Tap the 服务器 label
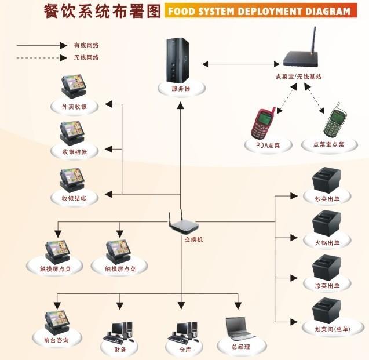point(181,89)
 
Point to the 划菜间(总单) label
point(328,329)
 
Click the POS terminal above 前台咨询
point(57,321)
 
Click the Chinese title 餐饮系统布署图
point(102,12)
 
